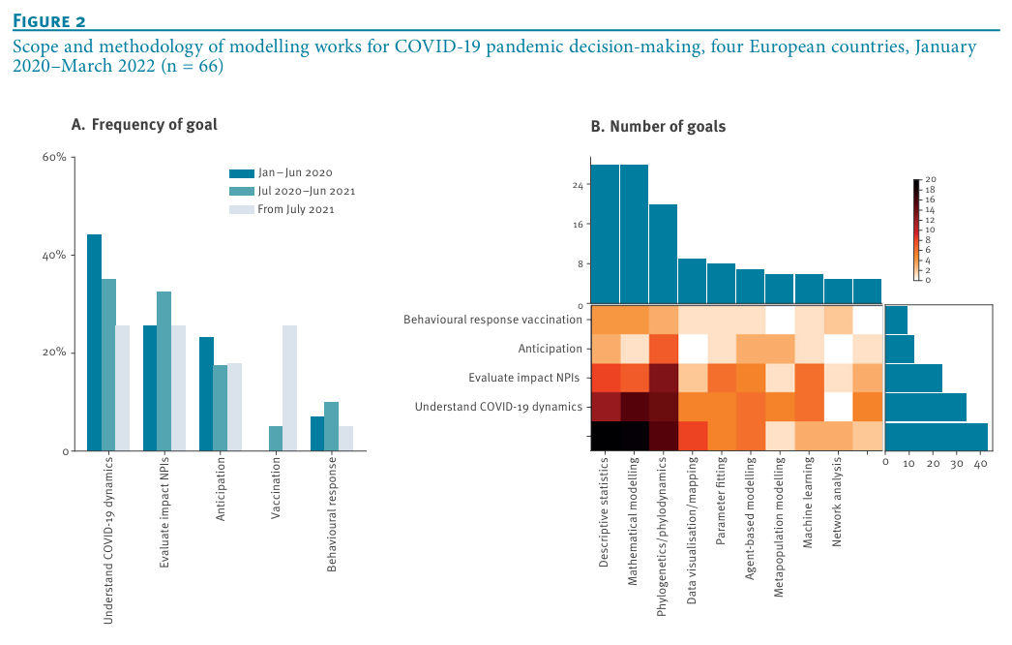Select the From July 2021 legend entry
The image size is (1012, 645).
(x=295, y=209)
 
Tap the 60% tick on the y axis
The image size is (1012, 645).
(x=53, y=157)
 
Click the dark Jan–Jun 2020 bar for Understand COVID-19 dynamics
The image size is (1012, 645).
(x=94, y=342)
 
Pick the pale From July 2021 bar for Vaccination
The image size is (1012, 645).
(x=289, y=387)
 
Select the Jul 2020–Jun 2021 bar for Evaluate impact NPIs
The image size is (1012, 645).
(x=164, y=371)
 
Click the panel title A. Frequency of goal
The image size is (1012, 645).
(x=144, y=124)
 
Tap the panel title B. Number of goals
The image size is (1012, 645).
(x=658, y=127)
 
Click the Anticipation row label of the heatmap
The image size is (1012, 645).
(x=549, y=349)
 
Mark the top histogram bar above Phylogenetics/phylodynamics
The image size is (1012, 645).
(x=663, y=254)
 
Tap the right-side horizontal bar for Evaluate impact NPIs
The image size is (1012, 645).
(x=913, y=378)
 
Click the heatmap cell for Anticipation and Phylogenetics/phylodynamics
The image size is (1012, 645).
(x=663, y=349)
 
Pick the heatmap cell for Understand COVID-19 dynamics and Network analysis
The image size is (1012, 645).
(x=838, y=407)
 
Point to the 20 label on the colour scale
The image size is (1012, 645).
(x=930, y=180)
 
